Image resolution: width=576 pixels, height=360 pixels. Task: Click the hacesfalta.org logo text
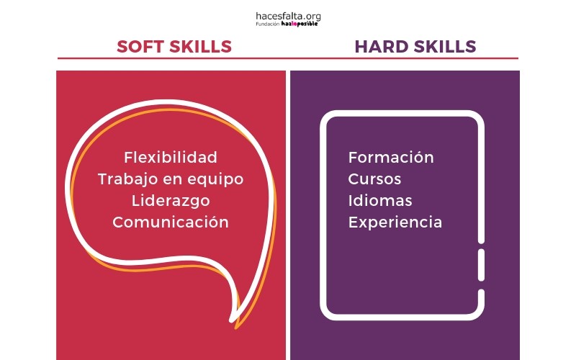[288, 17]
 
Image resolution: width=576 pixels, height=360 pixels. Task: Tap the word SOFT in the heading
[140, 47]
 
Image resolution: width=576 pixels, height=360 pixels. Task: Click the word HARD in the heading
[382, 47]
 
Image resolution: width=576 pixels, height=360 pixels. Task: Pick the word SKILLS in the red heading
[201, 47]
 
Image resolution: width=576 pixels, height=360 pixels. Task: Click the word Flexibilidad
[171, 157]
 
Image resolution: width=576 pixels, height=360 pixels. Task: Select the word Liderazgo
[171, 202]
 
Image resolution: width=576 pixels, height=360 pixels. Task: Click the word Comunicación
[171, 222]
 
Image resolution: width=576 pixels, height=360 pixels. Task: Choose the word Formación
[391, 157]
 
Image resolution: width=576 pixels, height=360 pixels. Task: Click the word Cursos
[374, 179]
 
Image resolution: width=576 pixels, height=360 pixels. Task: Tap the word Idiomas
[380, 201]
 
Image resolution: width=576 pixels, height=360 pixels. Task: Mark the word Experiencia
[395, 222]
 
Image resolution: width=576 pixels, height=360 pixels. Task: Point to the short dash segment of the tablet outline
[481, 265]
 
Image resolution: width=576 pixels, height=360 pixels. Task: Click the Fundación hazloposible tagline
[287, 24]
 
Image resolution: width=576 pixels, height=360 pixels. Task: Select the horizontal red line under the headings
[288, 58]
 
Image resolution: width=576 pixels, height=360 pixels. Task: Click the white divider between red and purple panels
[288, 215]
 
